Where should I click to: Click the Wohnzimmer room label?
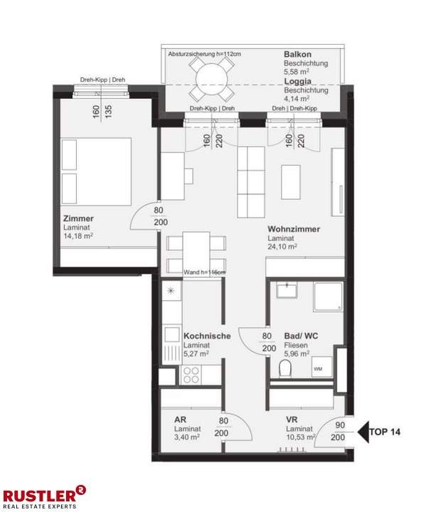coord(293,230)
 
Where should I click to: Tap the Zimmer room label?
coord(78,218)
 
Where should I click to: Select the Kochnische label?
coord(206,336)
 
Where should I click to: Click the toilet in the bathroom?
coord(287,368)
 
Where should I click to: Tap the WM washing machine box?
coord(318,368)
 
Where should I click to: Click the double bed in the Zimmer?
coord(97,170)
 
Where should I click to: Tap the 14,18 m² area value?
coord(78,235)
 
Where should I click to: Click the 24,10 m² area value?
coord(282,247)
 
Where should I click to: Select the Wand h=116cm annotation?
coord(204,272)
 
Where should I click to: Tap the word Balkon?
coord(297,54)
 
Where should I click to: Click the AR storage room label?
coord(180,420)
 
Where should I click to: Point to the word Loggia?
coord(298,81)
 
